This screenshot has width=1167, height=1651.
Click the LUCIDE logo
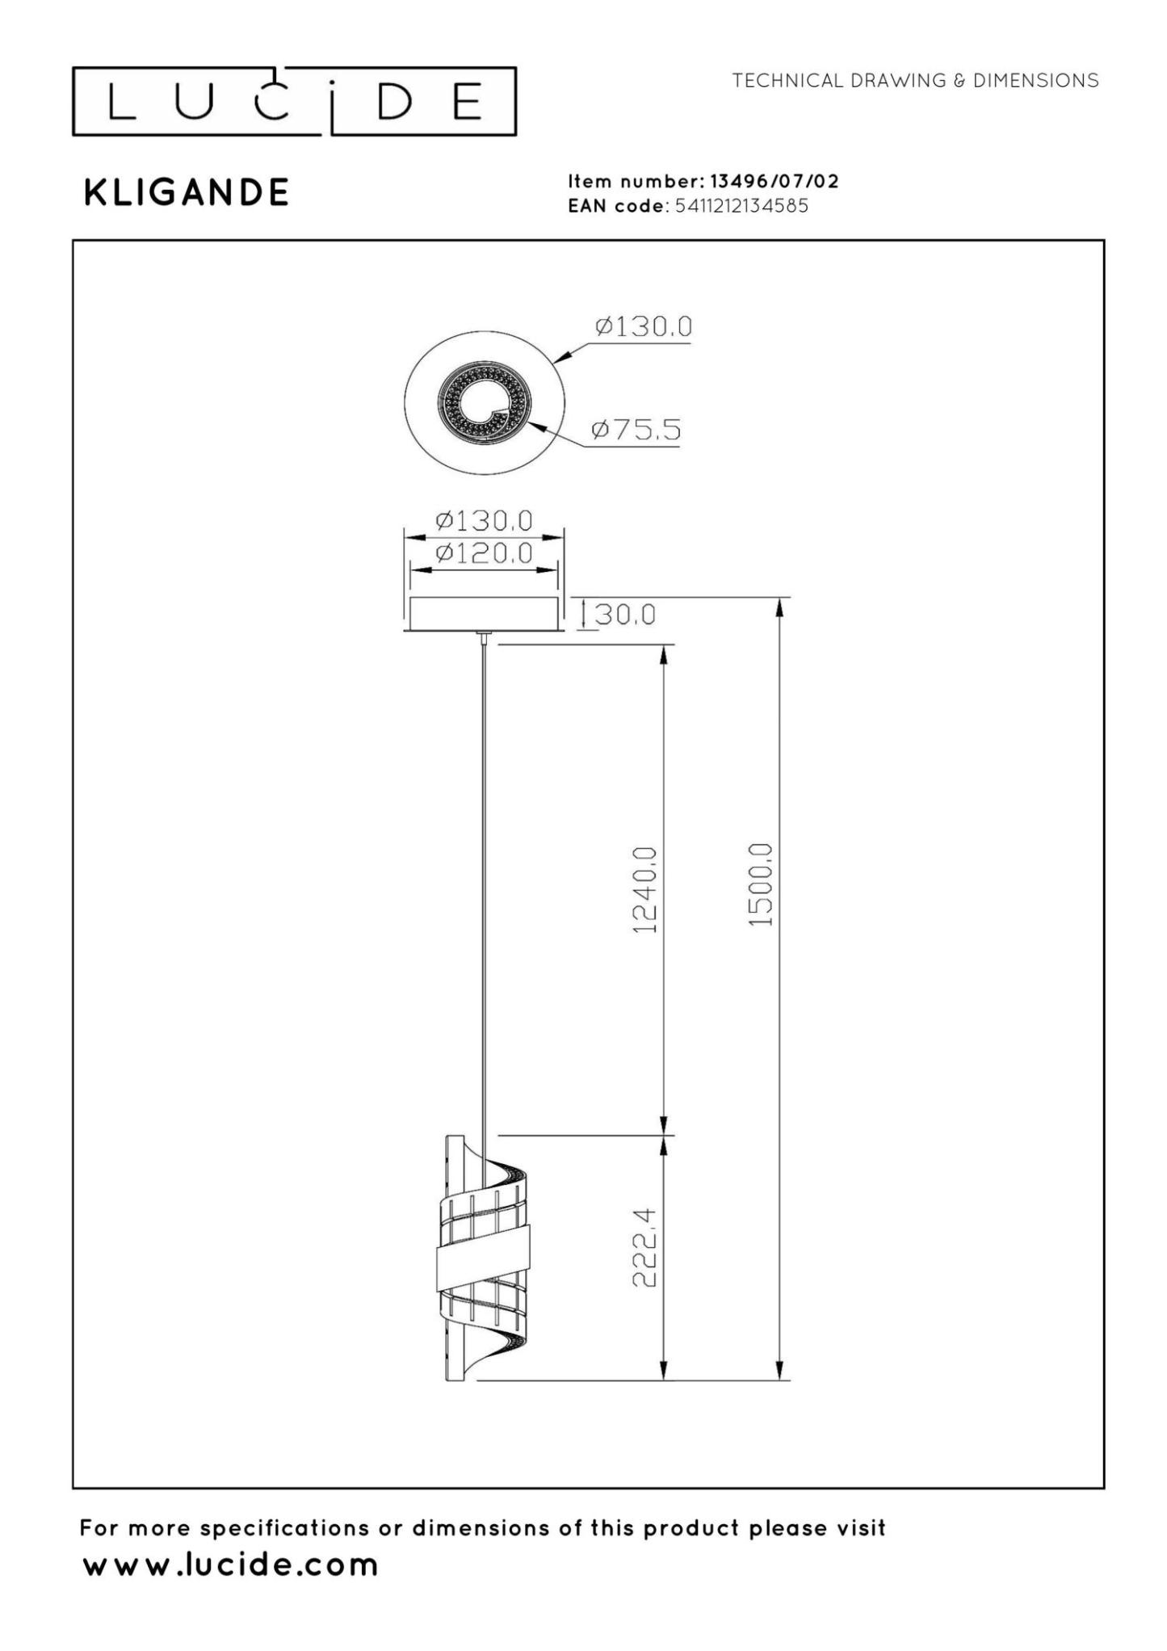coord(294,102)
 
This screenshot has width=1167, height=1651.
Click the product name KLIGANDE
coord(187,192)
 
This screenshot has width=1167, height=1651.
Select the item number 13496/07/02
coord(774,181)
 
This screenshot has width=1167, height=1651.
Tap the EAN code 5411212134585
coord(741,206)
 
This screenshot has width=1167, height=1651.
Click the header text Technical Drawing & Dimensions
coord(915,80)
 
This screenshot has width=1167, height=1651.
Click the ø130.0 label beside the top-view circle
coord(643,327)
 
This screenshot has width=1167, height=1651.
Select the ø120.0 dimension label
coord(484,553)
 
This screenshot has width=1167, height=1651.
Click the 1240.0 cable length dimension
coord(644,889)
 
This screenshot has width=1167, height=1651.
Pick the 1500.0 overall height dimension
coord(760,885)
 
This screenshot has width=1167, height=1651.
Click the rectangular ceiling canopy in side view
coord(483,614)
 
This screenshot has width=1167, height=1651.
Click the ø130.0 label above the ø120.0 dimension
coord(484,521)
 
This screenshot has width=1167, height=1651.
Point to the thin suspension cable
coord(483,889)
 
